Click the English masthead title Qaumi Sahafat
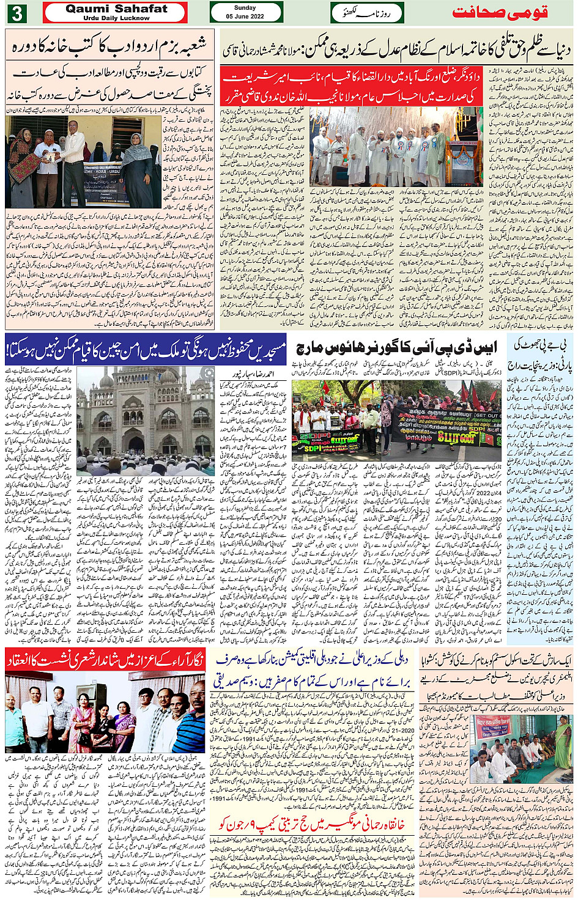[116, 9]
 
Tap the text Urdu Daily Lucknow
[116, 18]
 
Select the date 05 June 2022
[245, 17]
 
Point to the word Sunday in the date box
[245, 8]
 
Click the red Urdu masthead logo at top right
[500, 13]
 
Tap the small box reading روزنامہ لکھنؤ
[367, 13]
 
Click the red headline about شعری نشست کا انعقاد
[105, 660]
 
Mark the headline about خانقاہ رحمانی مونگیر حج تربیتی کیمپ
[314, 825]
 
